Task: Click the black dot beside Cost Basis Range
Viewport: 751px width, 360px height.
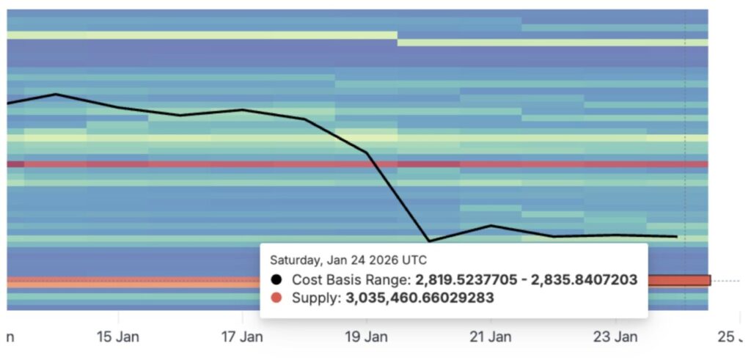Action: [276, 279]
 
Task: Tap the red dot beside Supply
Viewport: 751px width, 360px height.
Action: [276, 298]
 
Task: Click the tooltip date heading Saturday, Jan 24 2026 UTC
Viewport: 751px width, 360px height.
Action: [348, 260]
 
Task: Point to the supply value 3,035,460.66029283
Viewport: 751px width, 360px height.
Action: [420, 298]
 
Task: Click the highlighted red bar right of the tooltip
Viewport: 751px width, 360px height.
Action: [679, 280]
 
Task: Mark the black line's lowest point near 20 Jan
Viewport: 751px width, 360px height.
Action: [429, 240]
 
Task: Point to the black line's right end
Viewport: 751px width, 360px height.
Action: [676, 237]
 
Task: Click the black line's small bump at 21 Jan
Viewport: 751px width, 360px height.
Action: [491, 225]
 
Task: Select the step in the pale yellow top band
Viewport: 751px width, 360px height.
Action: [398, 38]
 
